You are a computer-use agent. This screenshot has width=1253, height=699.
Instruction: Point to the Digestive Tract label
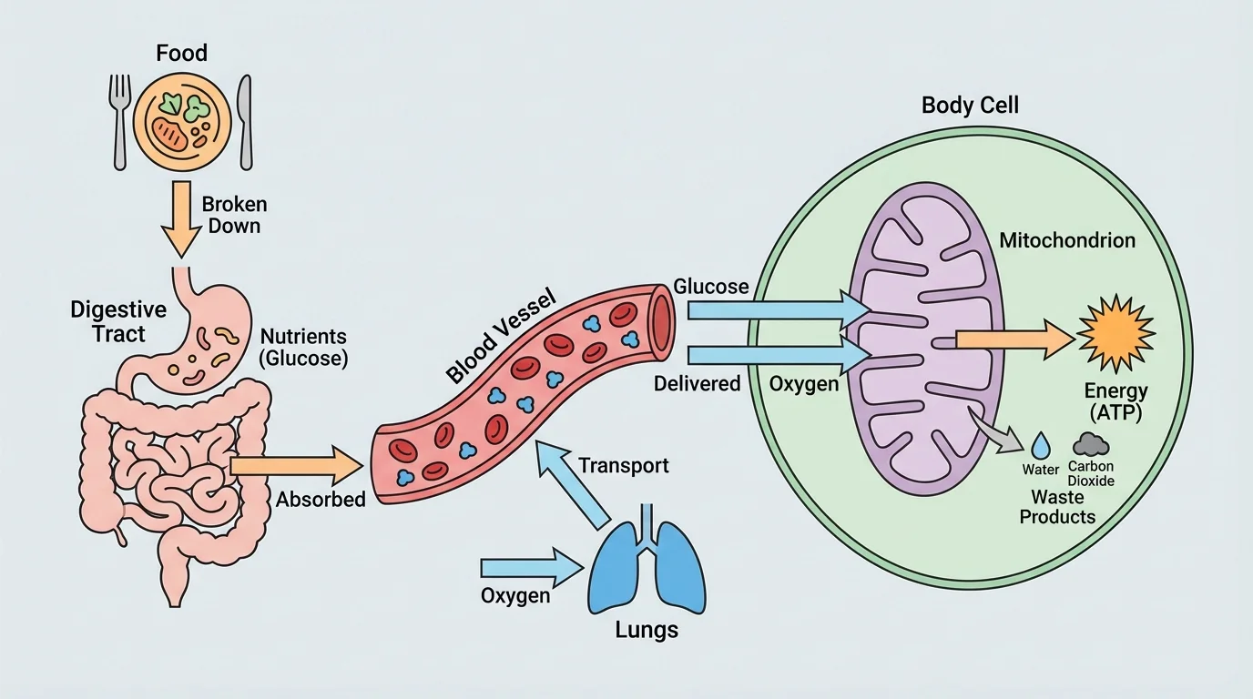[x=107, y=321]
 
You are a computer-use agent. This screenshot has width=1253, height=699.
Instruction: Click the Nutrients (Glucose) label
[x=303, y=347]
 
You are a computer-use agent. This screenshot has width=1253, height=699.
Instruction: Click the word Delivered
[x=697, y=384]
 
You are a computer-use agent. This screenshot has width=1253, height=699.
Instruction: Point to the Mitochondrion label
[x=1066, y=241]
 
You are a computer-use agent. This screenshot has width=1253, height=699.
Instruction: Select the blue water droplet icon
[x=1040, y=445]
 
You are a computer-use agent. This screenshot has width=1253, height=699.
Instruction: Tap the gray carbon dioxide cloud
[x=1092, y=443]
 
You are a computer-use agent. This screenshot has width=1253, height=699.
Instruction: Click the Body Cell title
[x=970, y=105]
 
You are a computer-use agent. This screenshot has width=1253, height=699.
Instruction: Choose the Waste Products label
[x=1057, y=507]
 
